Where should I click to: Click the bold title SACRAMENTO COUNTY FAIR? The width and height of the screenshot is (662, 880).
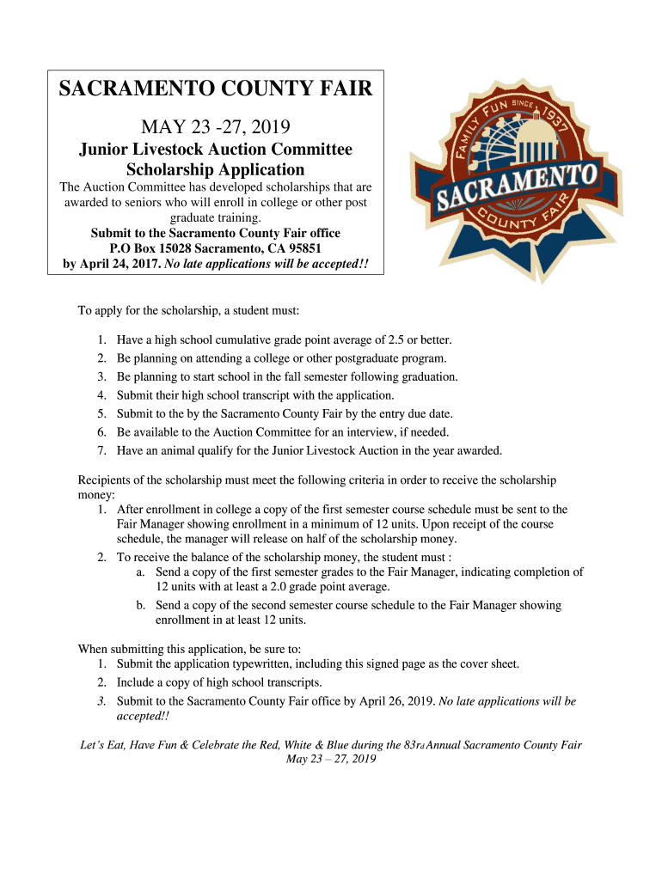point(215,89)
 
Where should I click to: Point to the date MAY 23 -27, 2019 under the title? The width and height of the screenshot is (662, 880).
point(215,128)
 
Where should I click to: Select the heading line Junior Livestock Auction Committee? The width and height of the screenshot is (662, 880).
point(215,150)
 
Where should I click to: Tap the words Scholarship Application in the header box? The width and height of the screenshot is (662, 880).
point(215,169)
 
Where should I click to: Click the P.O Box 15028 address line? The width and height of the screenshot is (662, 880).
point(215,248)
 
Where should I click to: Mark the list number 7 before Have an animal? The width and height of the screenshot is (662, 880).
point(101,450)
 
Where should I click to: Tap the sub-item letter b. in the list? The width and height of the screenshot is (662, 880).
point(140,605)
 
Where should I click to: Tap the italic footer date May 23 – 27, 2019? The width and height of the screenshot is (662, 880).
point(331,759)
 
